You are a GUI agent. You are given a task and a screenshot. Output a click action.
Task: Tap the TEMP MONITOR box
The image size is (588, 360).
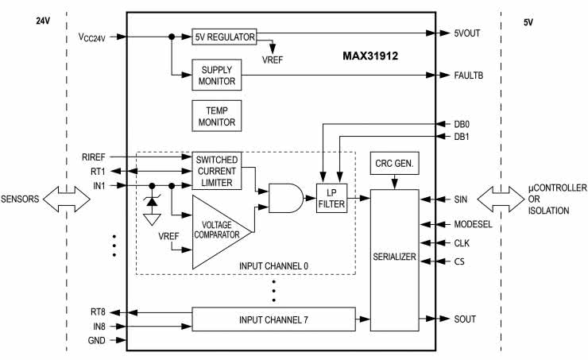(215, 117)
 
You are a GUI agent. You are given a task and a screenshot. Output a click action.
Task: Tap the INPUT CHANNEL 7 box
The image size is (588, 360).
(273, 320)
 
